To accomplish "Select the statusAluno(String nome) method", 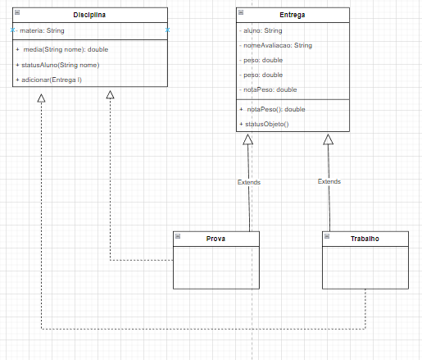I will pyautogui.click(x=62, y=64).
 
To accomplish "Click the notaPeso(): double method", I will pyautogui.click(x=275, y=108).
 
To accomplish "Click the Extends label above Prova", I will pyautogui.click(x=248, y=182).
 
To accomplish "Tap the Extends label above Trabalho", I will pyautogui.click(x=329, y=181).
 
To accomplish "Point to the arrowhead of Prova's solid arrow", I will pyautogui.click(x=248, y=139).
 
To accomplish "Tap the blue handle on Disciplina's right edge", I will pyautogui.click(x=167, y=30).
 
